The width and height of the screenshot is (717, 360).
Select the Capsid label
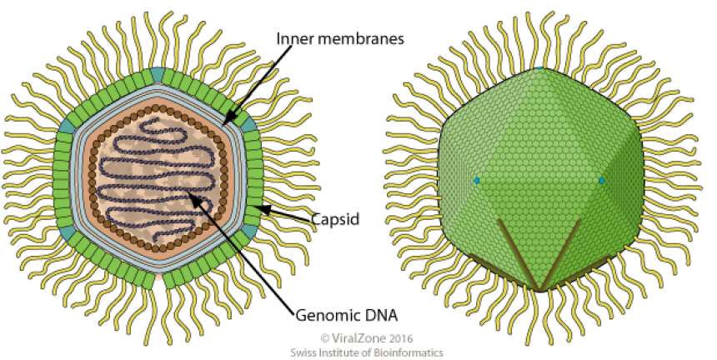tap(334, 221)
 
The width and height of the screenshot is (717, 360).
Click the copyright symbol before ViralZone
tap(325, 338)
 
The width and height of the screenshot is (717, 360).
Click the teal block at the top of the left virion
tap(160, 75)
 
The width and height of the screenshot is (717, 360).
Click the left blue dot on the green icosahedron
tap(478, 180)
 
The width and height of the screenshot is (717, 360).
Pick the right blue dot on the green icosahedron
tap(601, 180)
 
